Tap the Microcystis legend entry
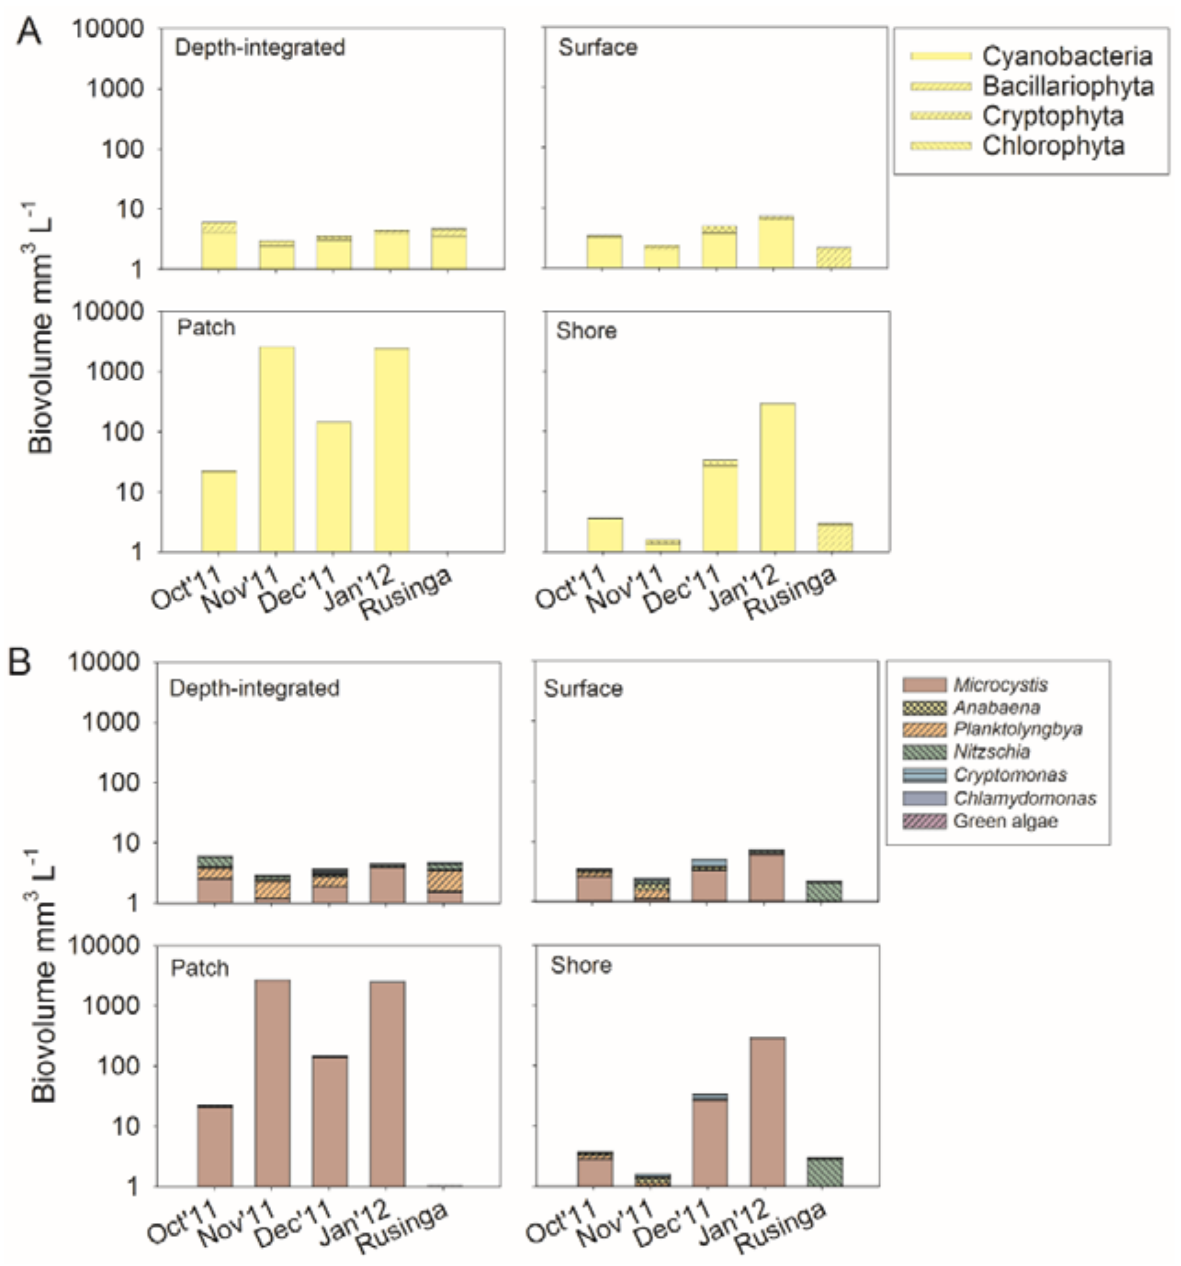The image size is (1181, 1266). tap(975, 685)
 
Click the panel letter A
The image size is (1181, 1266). tap(29, 31)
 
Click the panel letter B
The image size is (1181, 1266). tap(19, 662)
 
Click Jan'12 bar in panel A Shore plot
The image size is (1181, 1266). tap(777, 477)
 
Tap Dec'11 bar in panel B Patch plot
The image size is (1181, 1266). tap(329, 1121)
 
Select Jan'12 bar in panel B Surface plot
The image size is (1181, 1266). tap(766, 875)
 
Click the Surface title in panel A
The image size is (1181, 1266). tap(598, 48)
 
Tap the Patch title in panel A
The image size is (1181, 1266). tap(206, 327)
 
